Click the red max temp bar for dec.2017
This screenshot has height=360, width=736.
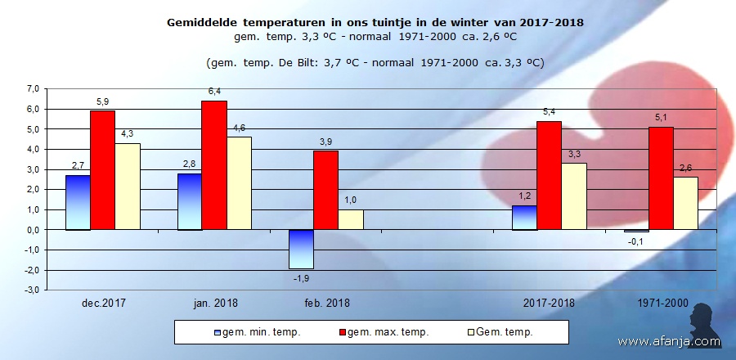pos(102,170)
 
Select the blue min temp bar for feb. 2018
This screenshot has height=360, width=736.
pos(302,249)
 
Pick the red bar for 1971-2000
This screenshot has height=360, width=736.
pos(660,178)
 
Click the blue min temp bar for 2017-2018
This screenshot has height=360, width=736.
pos(524,218)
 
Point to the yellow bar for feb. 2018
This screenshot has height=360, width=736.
pos(351,219)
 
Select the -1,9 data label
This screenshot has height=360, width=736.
pos(302,278)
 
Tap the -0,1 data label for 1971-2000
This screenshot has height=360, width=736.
pos(635,241)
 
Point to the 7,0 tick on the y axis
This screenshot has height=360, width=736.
pos(33,88)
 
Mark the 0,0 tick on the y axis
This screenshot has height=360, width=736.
pos(33,230)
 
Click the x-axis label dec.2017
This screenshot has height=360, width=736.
pos(103,303)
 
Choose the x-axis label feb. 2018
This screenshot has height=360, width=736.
pos(326,303)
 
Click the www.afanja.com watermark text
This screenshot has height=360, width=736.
pos(668,341)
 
